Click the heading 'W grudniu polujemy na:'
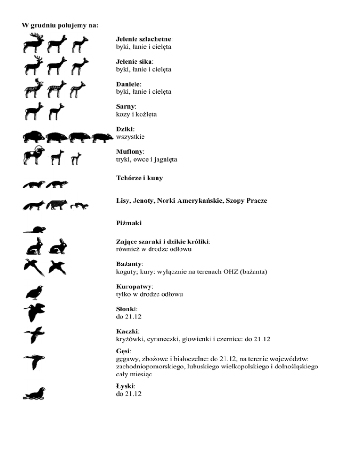[x=60, y=25]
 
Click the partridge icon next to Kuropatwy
[x=36, y=292]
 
